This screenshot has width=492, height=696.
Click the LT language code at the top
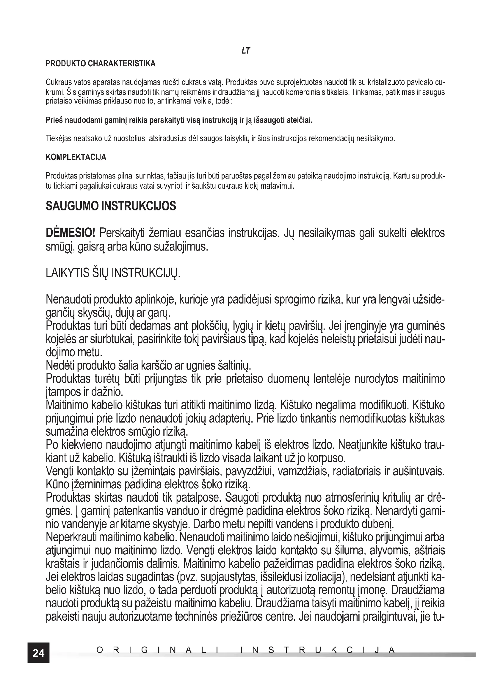pos(246,51)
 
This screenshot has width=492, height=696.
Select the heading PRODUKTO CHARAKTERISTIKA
pos(101,64)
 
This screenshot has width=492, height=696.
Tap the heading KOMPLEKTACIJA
pos(76,157)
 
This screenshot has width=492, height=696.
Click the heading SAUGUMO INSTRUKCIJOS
pos(111,206)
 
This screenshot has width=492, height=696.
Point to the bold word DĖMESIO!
pos(70,233)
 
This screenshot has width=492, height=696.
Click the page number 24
pos(38,653)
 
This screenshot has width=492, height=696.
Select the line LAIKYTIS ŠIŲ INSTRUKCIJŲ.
pos(113,273)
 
